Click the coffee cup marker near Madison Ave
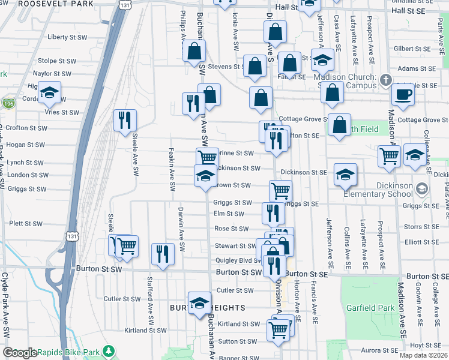[x=403, y=94]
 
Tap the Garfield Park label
[x=370, y=308]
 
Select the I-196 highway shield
[x=9, y=103]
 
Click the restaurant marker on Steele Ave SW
[x=125, y=120]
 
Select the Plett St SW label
[x=26, y=224]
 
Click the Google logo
[x=20, y=353]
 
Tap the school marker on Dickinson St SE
[x=346, y=174]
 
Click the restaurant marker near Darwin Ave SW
[x=163, y=254]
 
